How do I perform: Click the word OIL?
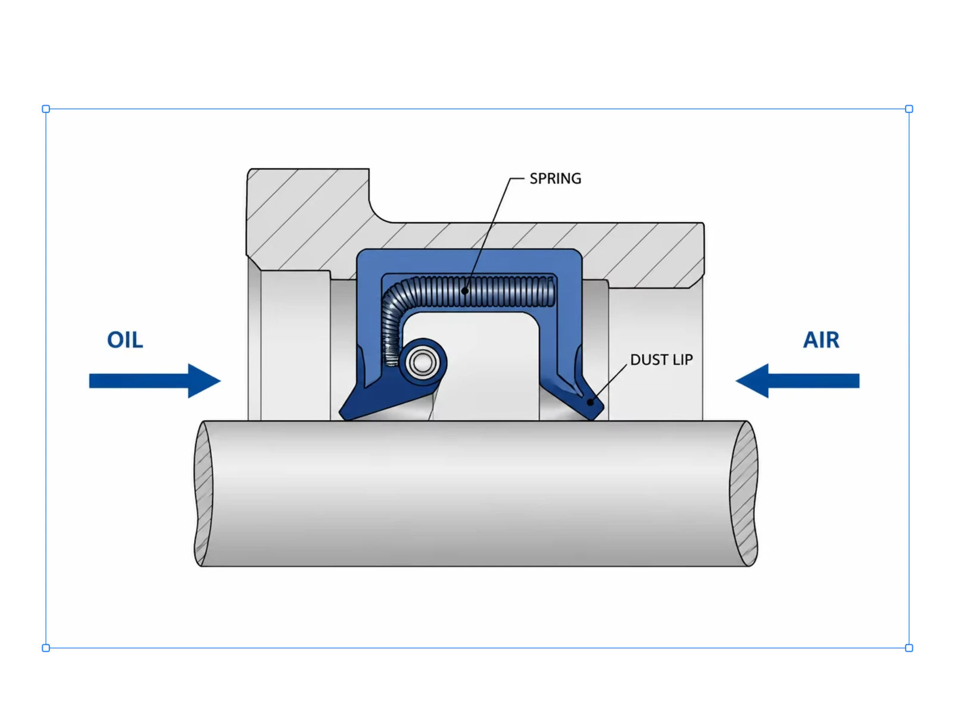pyautogui.click(x=125, y=340)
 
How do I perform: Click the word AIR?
pyautogui.click(x=821, y=340)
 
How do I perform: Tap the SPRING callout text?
pyautogui.click(x=555, y=178)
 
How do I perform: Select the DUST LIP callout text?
pyautogui.click(x=661, y=360)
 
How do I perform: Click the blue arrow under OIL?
pyautogui.click(x=155, y=381)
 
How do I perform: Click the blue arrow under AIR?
pyautogui.click(x=797, y=381)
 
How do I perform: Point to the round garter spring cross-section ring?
pyautogui.click(x=422, y=362)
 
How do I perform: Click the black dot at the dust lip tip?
pyautogui.click(x=591, y=402)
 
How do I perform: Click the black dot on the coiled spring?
pyautogui.click(x=464, y=291)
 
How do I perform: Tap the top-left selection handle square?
pyautogui.click(x=46, y=109)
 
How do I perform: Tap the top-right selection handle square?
pyautogui.click(x=909, y=109)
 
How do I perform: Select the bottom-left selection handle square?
pyautogui.click(x=46, y=648)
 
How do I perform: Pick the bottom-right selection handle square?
pyautogui.click(x=909, y=648)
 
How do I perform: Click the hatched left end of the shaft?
pyautogui.click(x=203, y=493)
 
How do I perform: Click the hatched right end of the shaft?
pyautogui.click(x=744, y=493)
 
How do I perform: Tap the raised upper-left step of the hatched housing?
pyautogui.click(x=308, y=196)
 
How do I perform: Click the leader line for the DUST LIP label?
pyautogui.click(x=609, y=383)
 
